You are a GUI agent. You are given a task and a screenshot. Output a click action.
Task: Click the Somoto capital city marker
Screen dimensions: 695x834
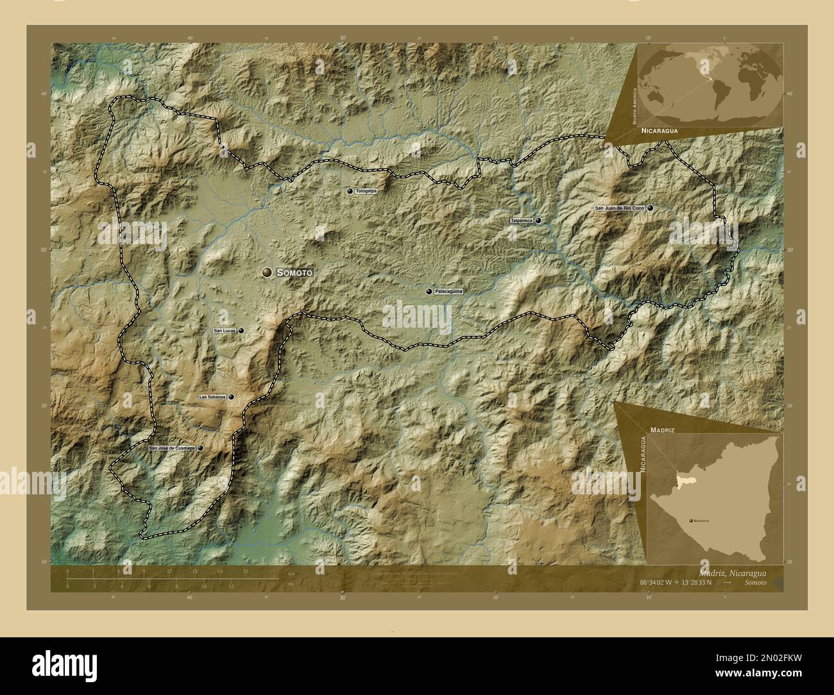(267, 272)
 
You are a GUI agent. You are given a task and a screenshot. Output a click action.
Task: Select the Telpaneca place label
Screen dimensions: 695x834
(522, 221)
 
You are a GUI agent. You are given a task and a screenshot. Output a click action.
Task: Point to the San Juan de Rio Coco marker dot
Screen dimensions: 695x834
(651, 208)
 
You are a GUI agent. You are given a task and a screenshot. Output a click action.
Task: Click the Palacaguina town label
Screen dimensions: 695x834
(448, 291)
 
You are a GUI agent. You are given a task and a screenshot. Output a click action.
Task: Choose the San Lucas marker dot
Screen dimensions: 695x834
(241, 330)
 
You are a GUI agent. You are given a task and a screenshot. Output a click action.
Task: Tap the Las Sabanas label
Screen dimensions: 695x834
(212, 397)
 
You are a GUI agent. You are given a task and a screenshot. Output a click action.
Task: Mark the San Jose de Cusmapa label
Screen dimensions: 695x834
(172, 449)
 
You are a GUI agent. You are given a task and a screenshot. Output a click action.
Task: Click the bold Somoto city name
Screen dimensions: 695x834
(294, 273)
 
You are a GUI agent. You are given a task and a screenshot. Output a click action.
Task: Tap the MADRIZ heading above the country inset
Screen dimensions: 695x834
(661, 426)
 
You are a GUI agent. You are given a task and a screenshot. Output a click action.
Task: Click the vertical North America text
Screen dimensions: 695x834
(634, 106)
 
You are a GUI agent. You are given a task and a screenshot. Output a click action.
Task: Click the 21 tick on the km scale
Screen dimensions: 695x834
(246, 571)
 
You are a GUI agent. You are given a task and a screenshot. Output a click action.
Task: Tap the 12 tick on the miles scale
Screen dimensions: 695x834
(232, 587)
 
